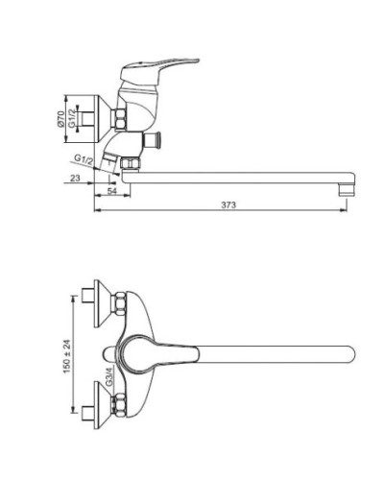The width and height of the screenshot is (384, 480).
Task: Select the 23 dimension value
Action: coord(76,180)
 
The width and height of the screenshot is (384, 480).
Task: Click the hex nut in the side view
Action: coord(121,120)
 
